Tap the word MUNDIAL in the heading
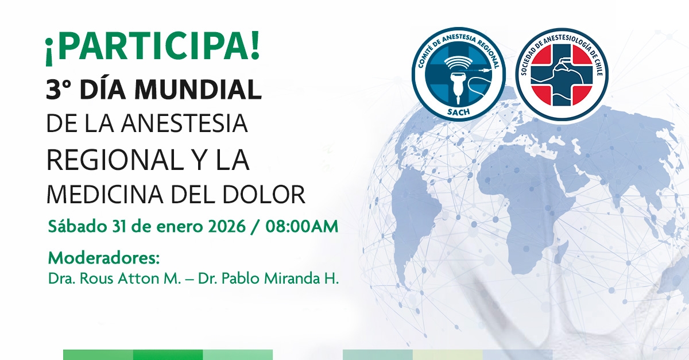pos(198,90)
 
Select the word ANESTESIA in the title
pos(184,123)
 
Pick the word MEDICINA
pos(105,195)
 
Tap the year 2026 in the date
pos(227,227)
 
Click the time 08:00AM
pos(302,227)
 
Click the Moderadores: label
pos(104,258)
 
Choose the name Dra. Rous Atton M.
pos(114,278)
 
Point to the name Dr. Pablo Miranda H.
pos(268,278)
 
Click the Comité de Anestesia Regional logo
pos(459,74)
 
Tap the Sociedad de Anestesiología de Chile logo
pos(562,74)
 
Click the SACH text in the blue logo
pos(459,111)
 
